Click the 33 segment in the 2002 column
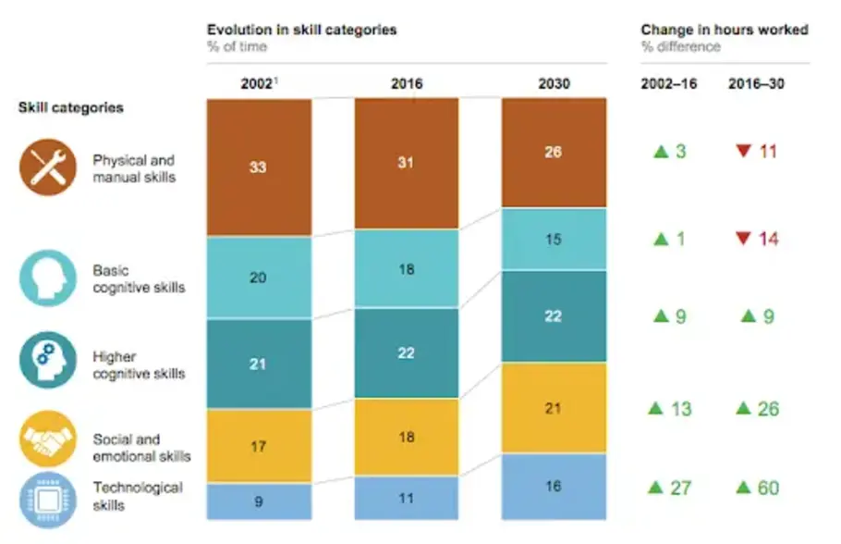tap(259, 167)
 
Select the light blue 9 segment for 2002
tap(259, 501)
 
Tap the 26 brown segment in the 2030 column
tap(554, 153)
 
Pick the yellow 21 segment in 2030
tap(554, 408)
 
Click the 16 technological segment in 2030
tap(554, 486)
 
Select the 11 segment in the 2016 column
tap(407, 498)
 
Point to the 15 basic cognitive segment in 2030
tap(554, 239)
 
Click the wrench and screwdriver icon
tap(47, 167)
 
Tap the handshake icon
tap(47, 439)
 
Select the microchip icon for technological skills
tap(47, 497)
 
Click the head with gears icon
tap(47, 362)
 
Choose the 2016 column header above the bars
tap(407, 83)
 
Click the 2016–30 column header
tap(753, 83)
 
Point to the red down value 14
tap(758, 239)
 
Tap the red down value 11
tap(758, 151)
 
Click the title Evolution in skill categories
tap(301, 30)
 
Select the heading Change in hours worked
tap(724, 30)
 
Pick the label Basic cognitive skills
tap(139, 279)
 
